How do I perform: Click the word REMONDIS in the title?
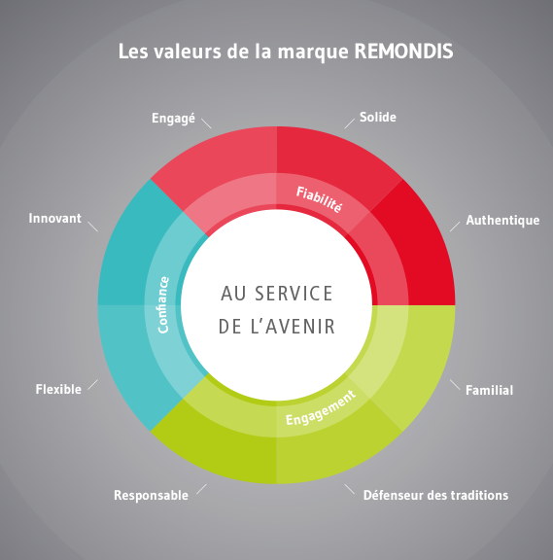(x=403, y=52)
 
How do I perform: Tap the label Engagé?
(x=174, y=119)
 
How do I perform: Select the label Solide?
(x=378, y=117)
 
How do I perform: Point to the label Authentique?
(x=502, y=221)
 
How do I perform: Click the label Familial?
(x=489, y=390)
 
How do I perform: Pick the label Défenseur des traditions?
(x=435, y=496)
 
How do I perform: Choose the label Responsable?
(x=151, y=496)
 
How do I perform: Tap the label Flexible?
(x=58, y=389)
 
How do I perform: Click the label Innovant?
(x=55, y=218)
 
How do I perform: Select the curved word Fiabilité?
(x=319, y=199)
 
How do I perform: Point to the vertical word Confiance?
(x=163, y=304)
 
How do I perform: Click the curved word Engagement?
(x=321, y=408)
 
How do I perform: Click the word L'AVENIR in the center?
(x=293, y=327)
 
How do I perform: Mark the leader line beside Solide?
(x=350, y=123)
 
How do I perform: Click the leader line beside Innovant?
(x=93, y=227)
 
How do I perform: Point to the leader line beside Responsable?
(x=201, y=489)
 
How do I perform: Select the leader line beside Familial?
(x=455, y=384)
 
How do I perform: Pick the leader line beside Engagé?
(x=206, y=123)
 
